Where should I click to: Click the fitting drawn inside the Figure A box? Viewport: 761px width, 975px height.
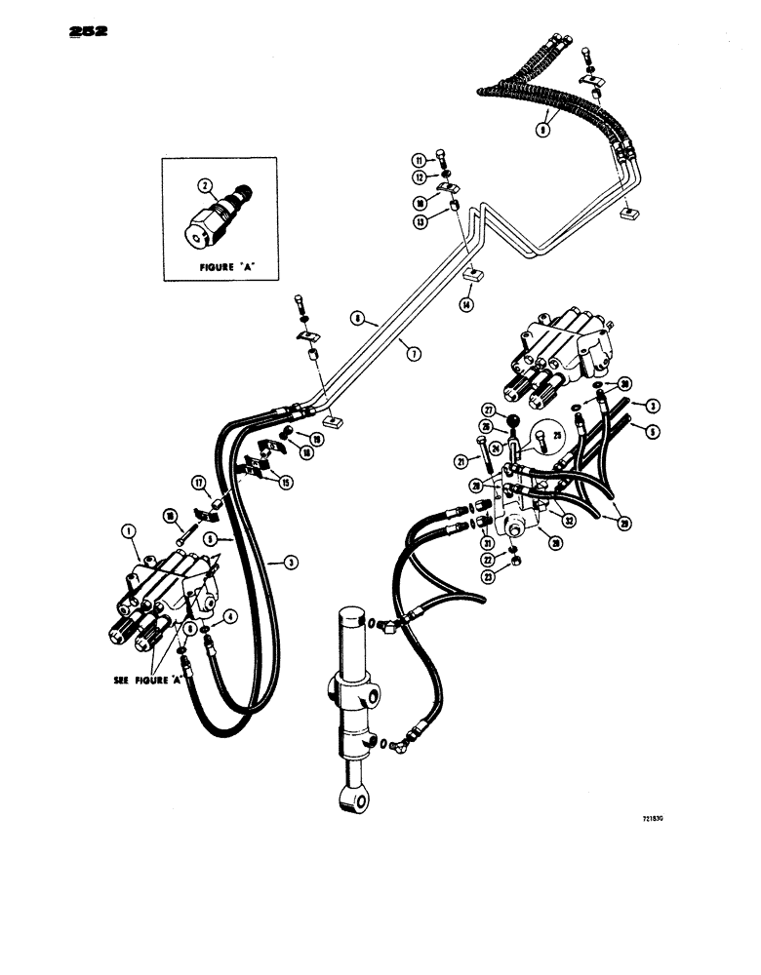(215, 214)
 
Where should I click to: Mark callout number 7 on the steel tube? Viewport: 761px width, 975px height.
(414, 354)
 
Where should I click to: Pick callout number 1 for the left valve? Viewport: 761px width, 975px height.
(127, 532)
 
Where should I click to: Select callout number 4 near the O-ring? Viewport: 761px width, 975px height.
(230, 615)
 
